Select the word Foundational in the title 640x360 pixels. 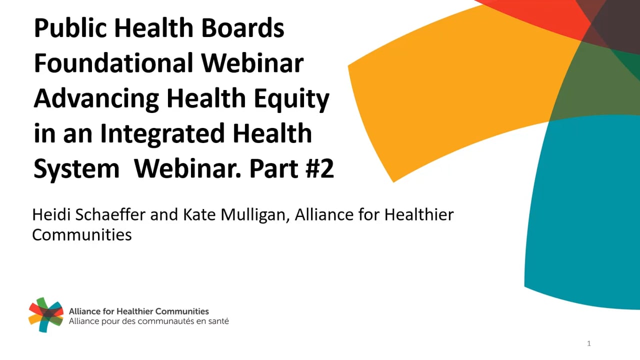point(113,63)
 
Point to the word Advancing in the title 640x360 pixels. point(96,99)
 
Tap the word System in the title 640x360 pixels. point(76,169)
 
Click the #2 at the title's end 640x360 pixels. point(319,168)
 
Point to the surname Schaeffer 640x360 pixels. point(110,214)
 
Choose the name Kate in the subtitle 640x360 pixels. point(199,214)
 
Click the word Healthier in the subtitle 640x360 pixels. point(419,214)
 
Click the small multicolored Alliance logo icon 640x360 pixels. point(45,314)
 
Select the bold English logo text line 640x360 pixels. point(139,311)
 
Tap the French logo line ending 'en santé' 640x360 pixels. point(149,321)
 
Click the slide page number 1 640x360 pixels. point(589,343)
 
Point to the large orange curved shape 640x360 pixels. point(457,91)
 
